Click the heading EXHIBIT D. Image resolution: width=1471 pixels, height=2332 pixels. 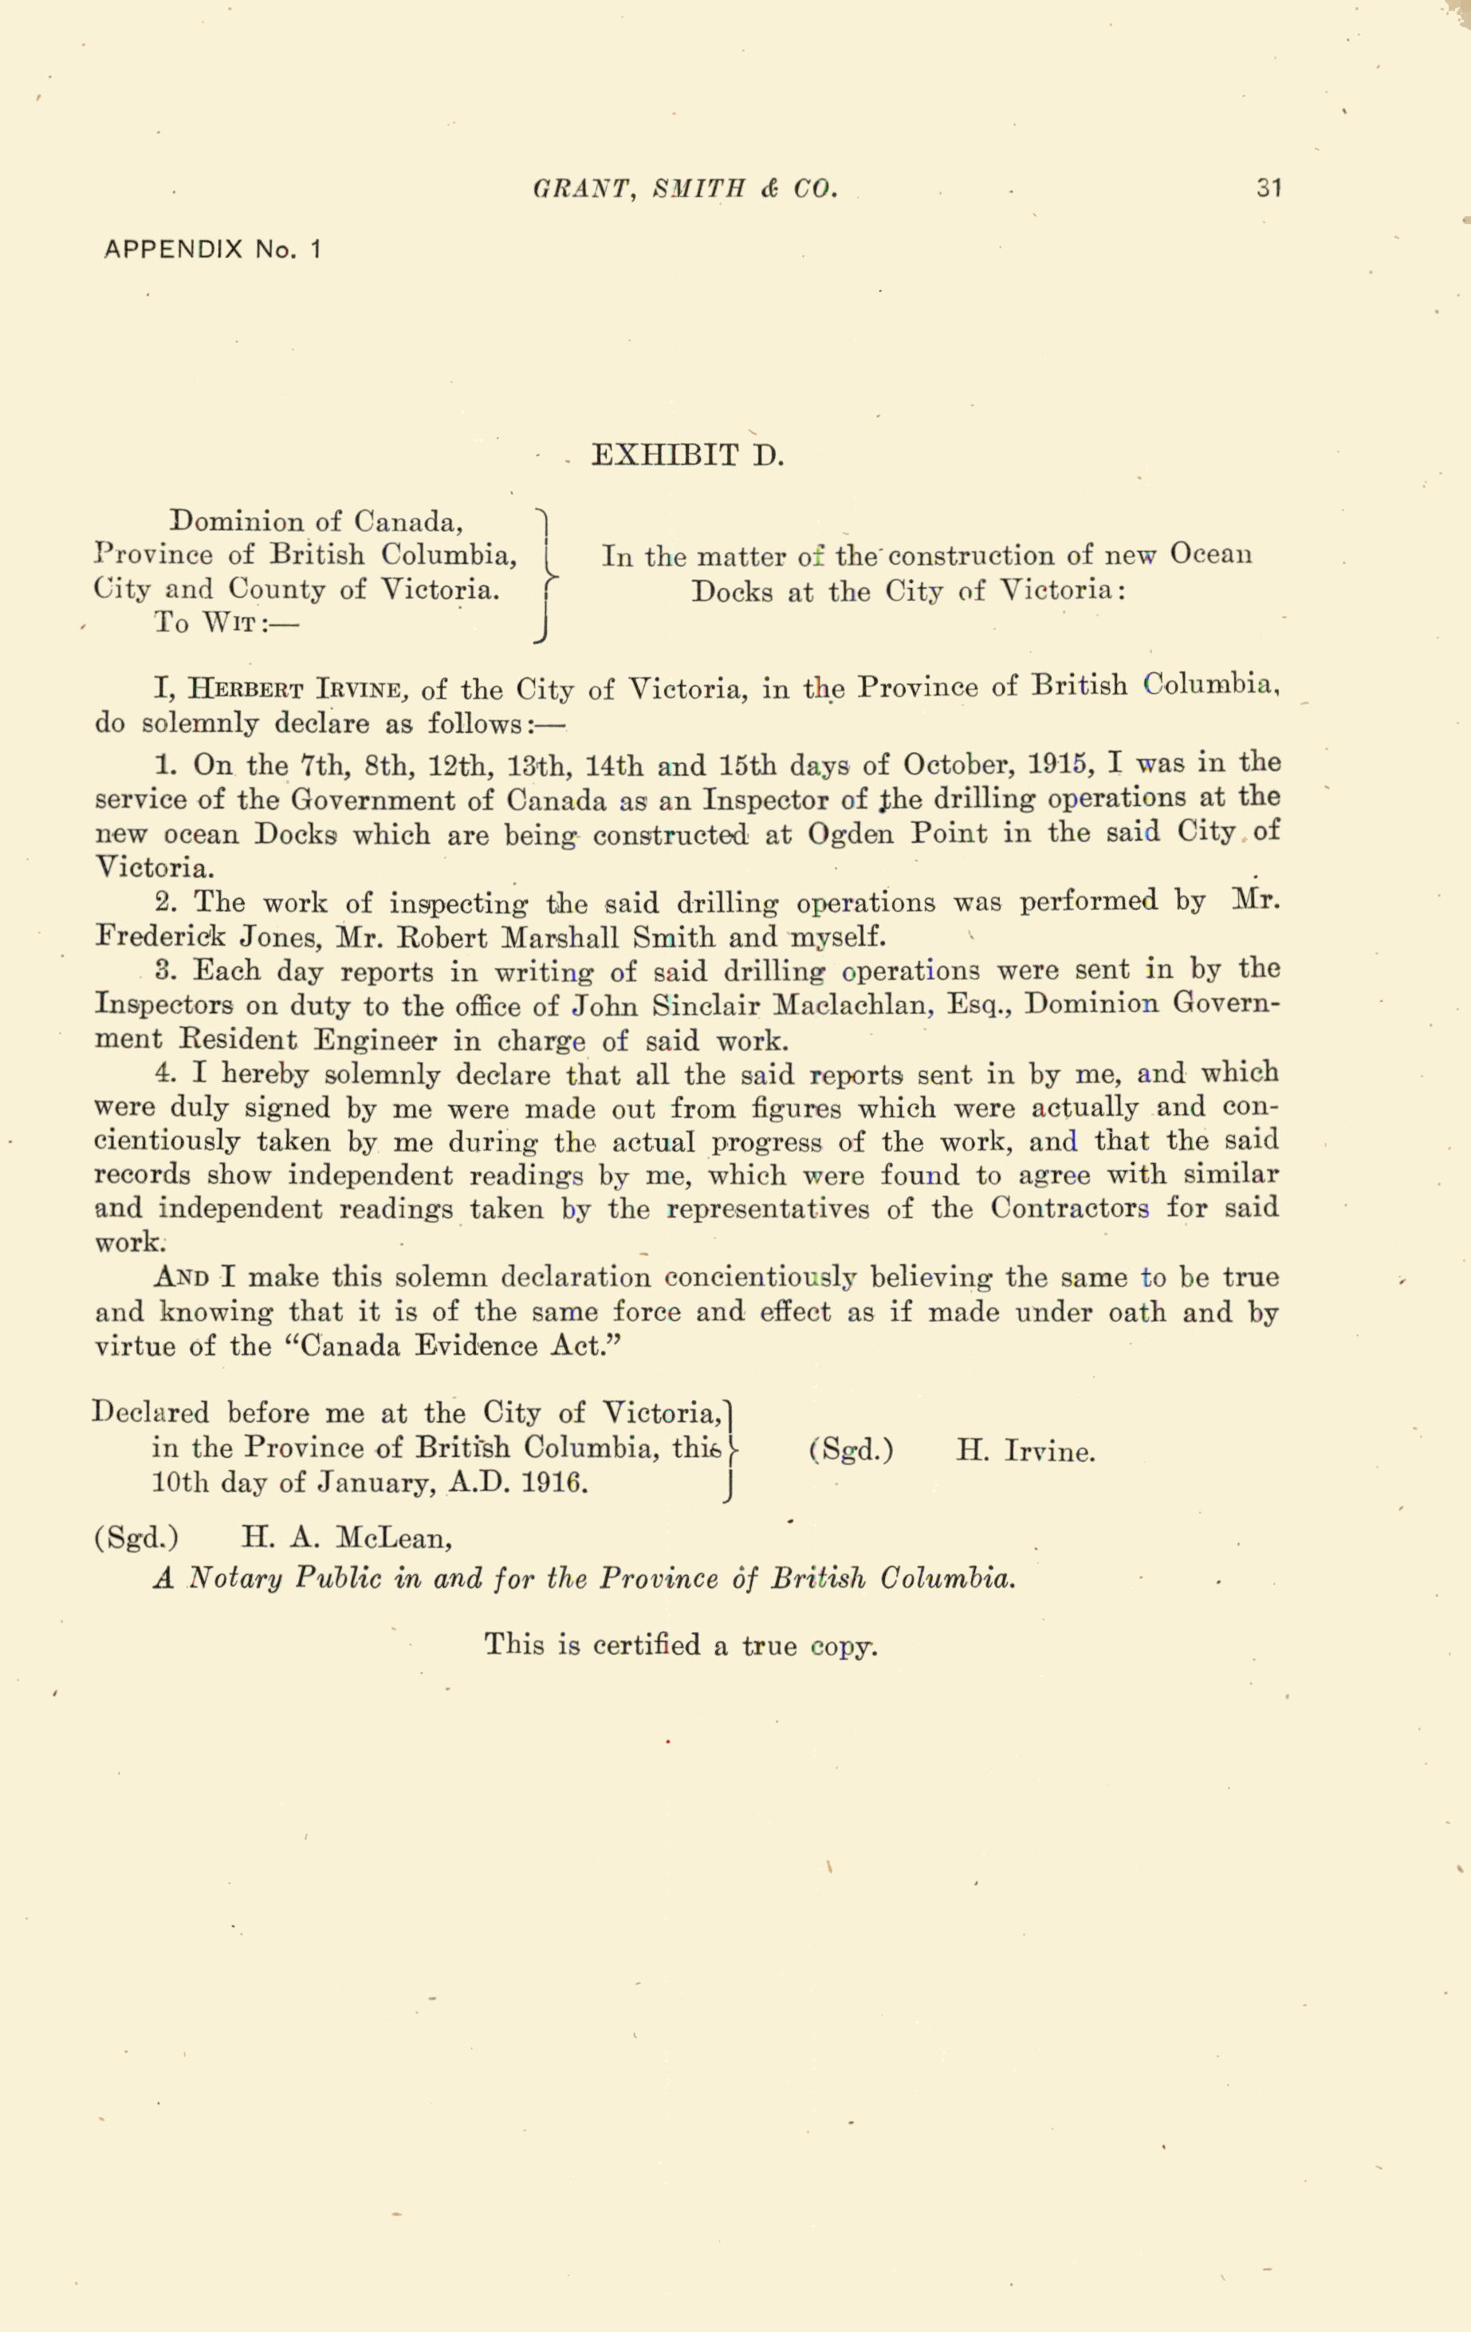coord(686,455)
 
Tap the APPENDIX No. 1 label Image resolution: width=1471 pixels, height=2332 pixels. coord(212,249)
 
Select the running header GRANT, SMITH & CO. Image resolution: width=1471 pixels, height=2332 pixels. coord(685,188)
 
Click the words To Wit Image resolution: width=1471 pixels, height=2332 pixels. coord(226,623)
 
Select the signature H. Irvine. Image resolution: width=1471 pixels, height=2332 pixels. coord(1025,1452)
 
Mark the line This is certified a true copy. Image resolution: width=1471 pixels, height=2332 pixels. coord(681,1644)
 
